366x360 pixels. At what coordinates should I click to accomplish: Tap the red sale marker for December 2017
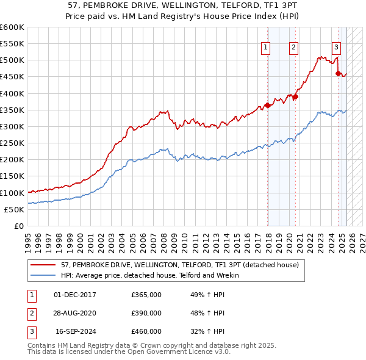point(267,105)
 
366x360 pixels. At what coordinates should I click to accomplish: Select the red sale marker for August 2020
point(295,96)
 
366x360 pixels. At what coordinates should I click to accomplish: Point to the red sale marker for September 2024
point(339,73)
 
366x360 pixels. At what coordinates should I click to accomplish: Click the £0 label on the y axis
point(20,226)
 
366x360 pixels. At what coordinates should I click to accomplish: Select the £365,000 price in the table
point(146,295)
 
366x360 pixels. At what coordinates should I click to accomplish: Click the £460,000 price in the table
point(146,331)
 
